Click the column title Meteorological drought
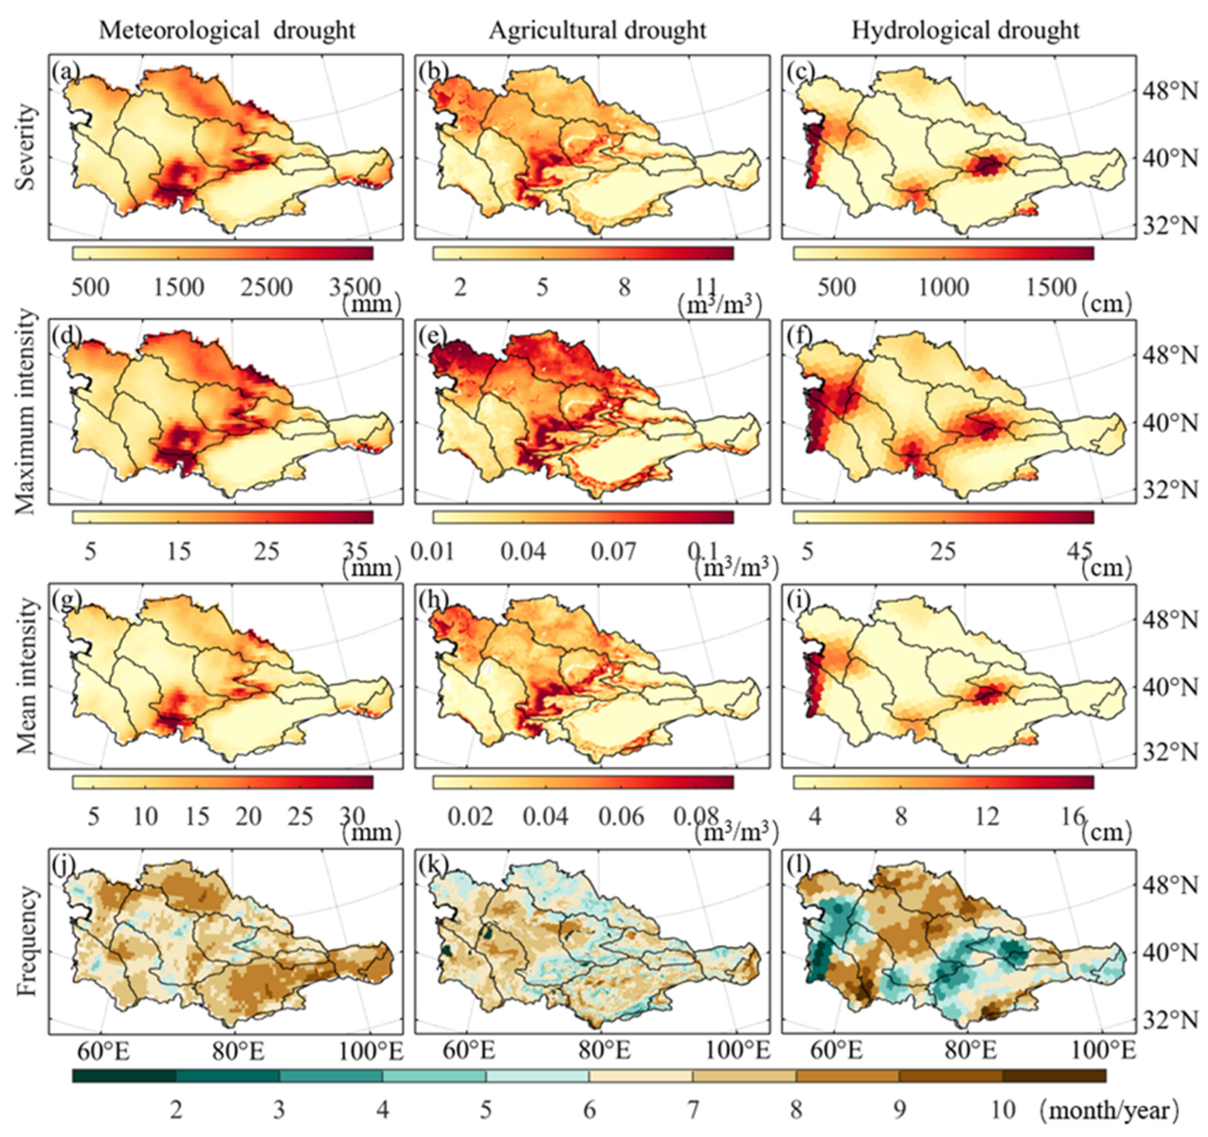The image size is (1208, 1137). coord(227,30)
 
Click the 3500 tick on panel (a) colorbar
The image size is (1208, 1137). coord(355,286)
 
